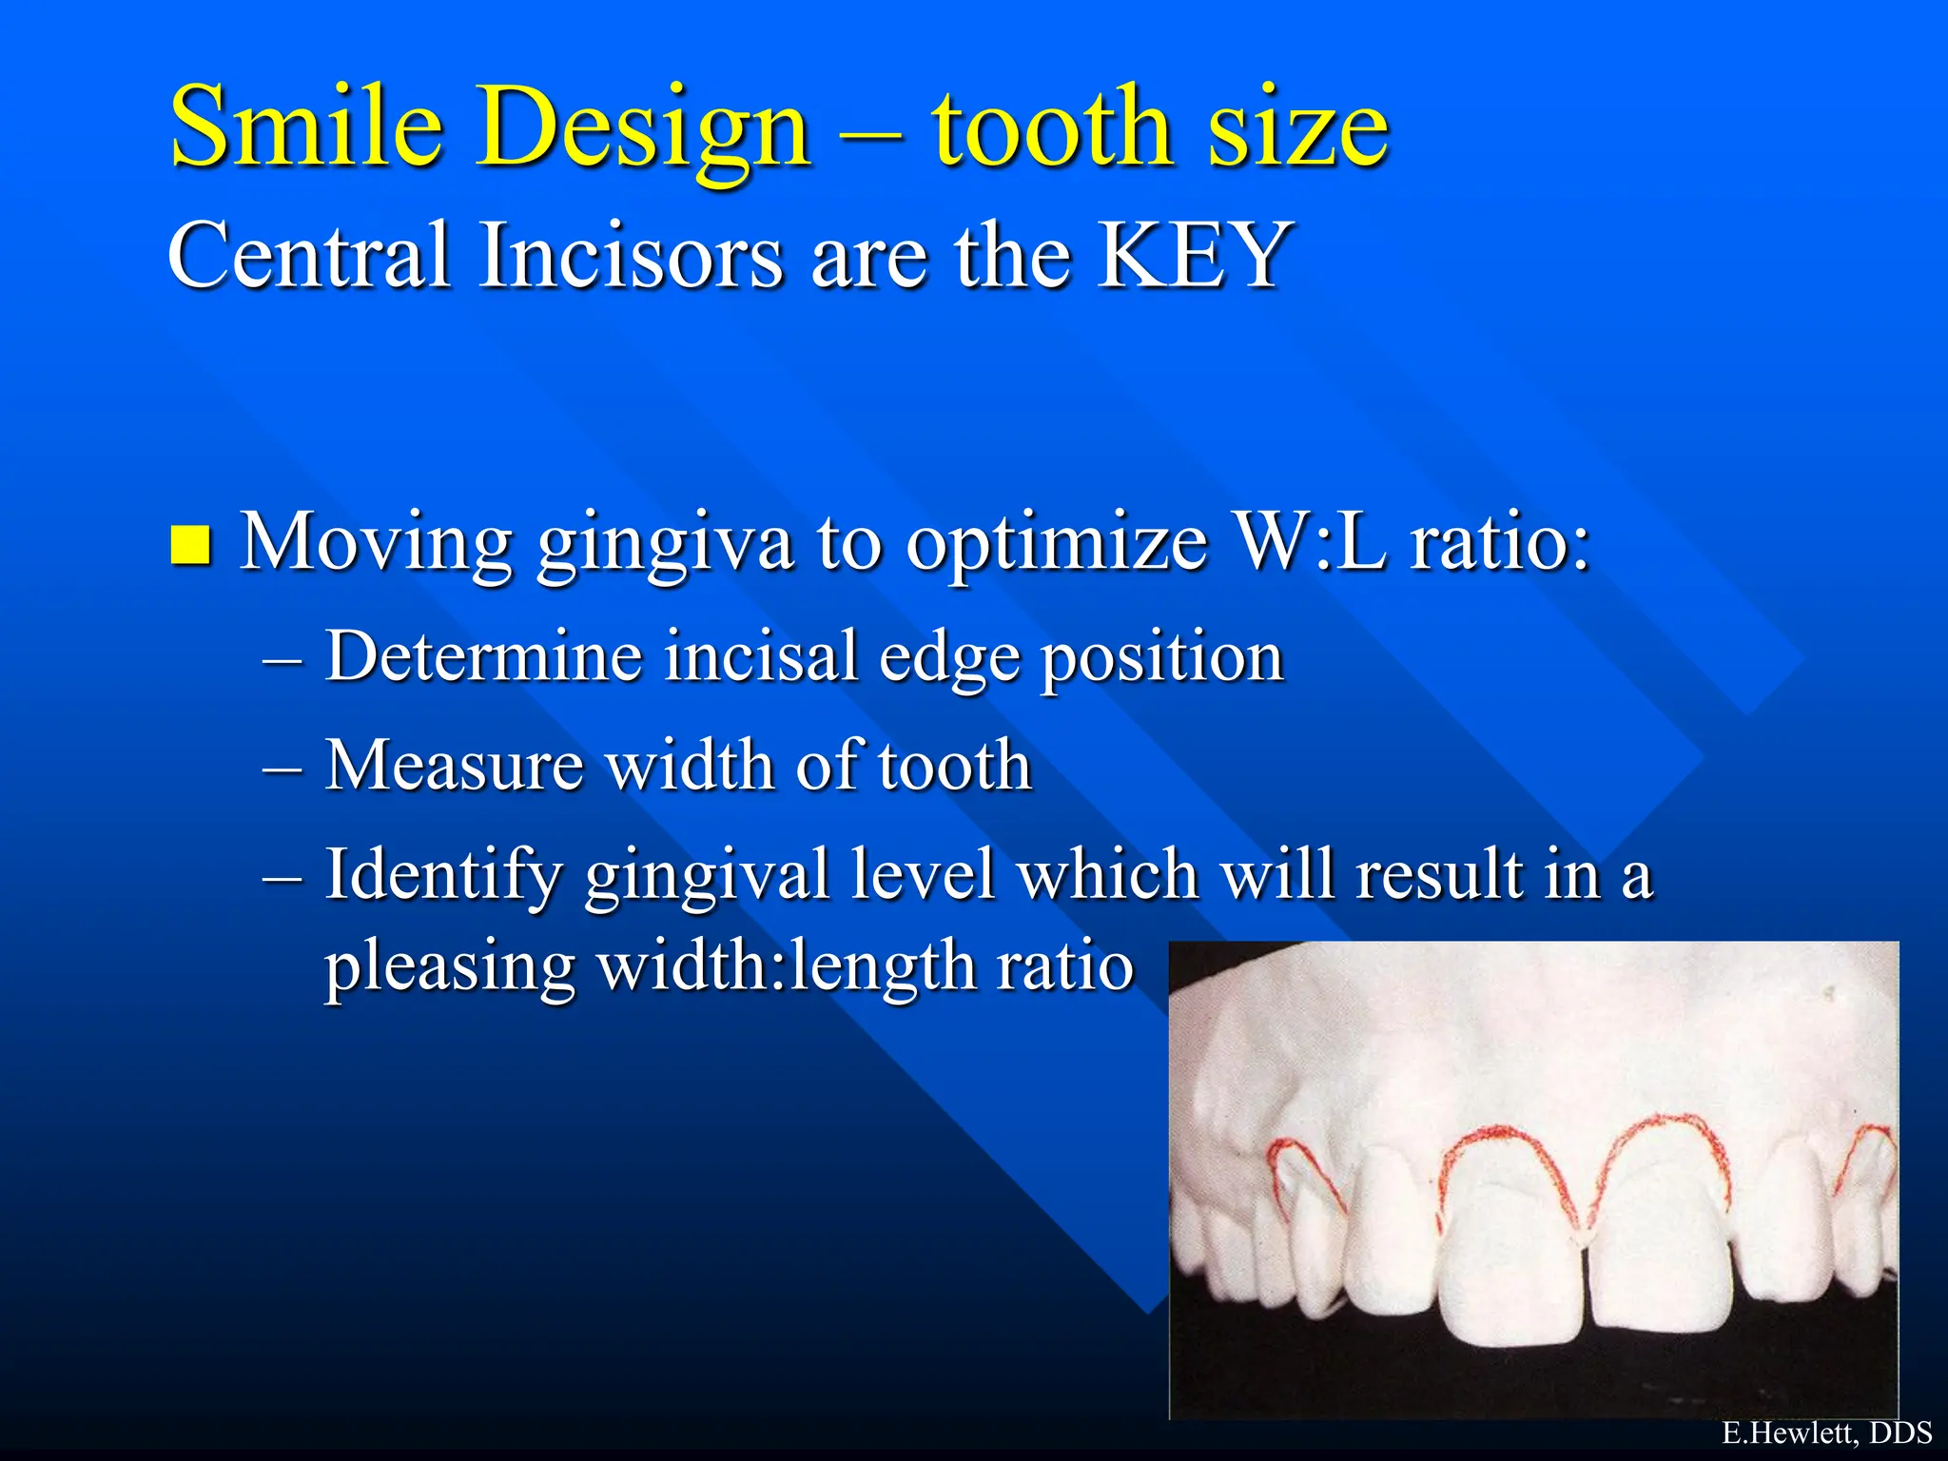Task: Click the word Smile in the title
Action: pos(306,127)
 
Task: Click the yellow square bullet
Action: pos(190,545)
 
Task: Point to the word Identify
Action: pos(442,875)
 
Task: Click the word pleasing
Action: pos(449,967)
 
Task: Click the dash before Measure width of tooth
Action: pos(282,767)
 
